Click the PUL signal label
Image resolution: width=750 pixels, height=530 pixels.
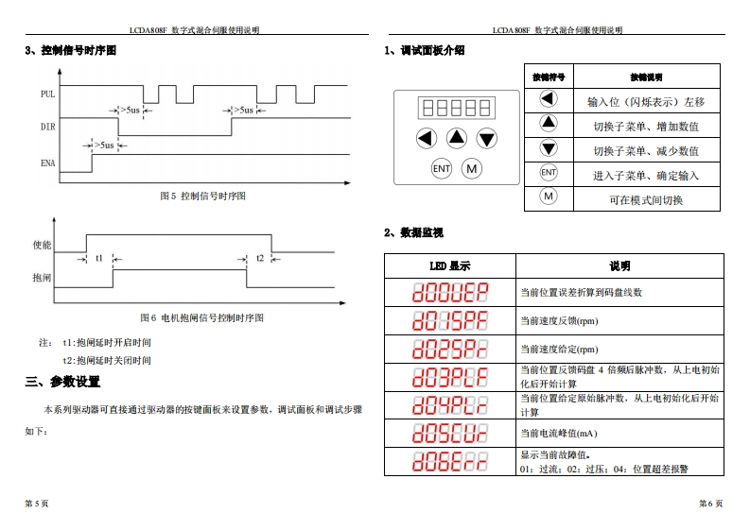(x=48, y=94)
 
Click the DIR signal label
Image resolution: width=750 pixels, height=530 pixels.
(x=47, y=126)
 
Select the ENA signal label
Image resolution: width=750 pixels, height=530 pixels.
(x=48, y=162)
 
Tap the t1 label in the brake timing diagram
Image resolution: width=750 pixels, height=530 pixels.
(x=99, y=258)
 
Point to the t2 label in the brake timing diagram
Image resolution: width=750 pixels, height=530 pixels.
(x=260, y=258)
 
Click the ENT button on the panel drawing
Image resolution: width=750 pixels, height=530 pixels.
(x=442, y=168)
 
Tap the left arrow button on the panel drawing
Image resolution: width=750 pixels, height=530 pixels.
(x=426, y=139)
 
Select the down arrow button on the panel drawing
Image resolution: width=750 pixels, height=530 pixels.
(x=487, y=139)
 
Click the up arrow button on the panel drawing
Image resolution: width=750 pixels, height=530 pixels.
(x=457, y=138)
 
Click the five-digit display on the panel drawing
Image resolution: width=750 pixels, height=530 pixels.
(x=457, y=107)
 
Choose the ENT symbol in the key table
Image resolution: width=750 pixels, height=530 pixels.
(x=549, y=173)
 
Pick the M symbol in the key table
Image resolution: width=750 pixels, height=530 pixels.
(x=549, y=197)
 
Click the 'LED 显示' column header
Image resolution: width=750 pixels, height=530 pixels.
(x=449, y=266)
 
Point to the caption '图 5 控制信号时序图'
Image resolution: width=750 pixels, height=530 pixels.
(x=202, y=196)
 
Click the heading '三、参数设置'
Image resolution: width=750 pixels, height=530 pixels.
(x=62, y=382)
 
